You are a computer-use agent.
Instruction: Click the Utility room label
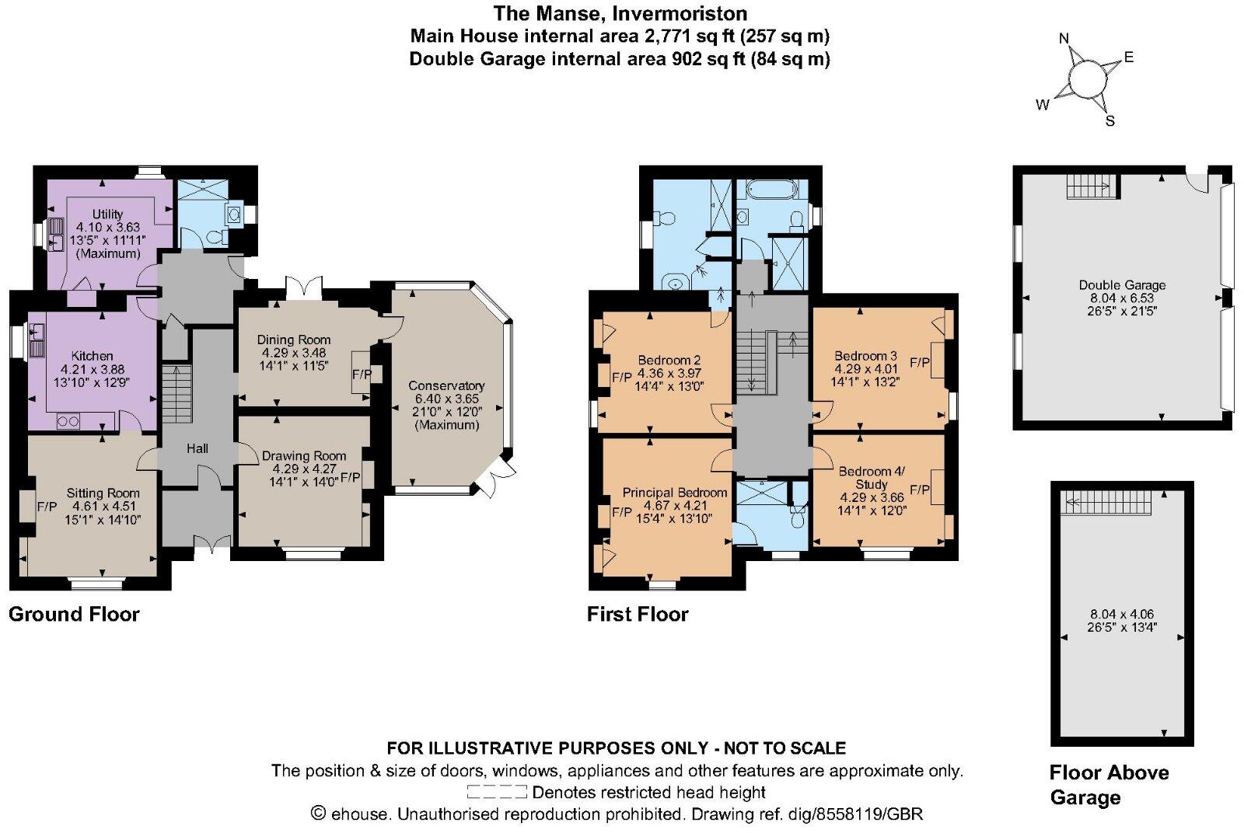tap(107, 214)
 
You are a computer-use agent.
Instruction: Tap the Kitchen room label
tap(92, 356)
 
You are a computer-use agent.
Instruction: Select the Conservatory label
tap(446, 385)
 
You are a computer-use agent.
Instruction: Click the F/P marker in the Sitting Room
tap(47, 507)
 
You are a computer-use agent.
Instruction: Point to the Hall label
tap(197, 448)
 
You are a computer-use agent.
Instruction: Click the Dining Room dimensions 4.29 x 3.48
tap(293, 352)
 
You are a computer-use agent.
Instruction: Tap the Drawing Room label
tap(303, 456)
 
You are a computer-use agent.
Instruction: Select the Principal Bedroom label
tap(674, 493)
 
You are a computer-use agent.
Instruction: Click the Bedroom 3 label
tap(865, 356)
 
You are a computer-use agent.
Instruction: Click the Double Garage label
tap(1122, 285)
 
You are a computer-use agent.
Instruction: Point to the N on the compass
tap(1064, 38)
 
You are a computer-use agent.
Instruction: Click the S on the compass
tap(1110, 121)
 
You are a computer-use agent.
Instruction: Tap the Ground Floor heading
tap(74, 615)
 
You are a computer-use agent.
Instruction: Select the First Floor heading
tap(638, 615)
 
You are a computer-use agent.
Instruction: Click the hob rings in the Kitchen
tap(68, 421)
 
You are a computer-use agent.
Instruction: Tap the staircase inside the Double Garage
tap(1090, 186)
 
